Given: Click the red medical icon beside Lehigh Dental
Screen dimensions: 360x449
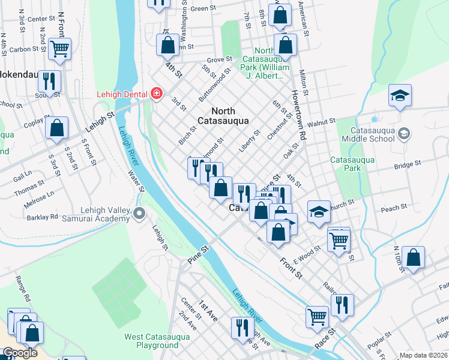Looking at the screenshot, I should [157, 94].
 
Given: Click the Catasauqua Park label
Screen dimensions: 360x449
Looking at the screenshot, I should [352, 164].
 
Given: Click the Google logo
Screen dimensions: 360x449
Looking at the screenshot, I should [19, 353].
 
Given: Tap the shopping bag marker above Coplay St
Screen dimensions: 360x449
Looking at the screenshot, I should [56, 127].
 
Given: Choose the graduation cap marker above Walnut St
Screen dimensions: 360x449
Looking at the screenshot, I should [400, 95].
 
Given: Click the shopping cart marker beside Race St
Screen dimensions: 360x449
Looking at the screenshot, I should [317, 316].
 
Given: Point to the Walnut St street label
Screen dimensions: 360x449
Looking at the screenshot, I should [321, 122].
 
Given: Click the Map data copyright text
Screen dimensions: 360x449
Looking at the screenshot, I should [423, 355].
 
